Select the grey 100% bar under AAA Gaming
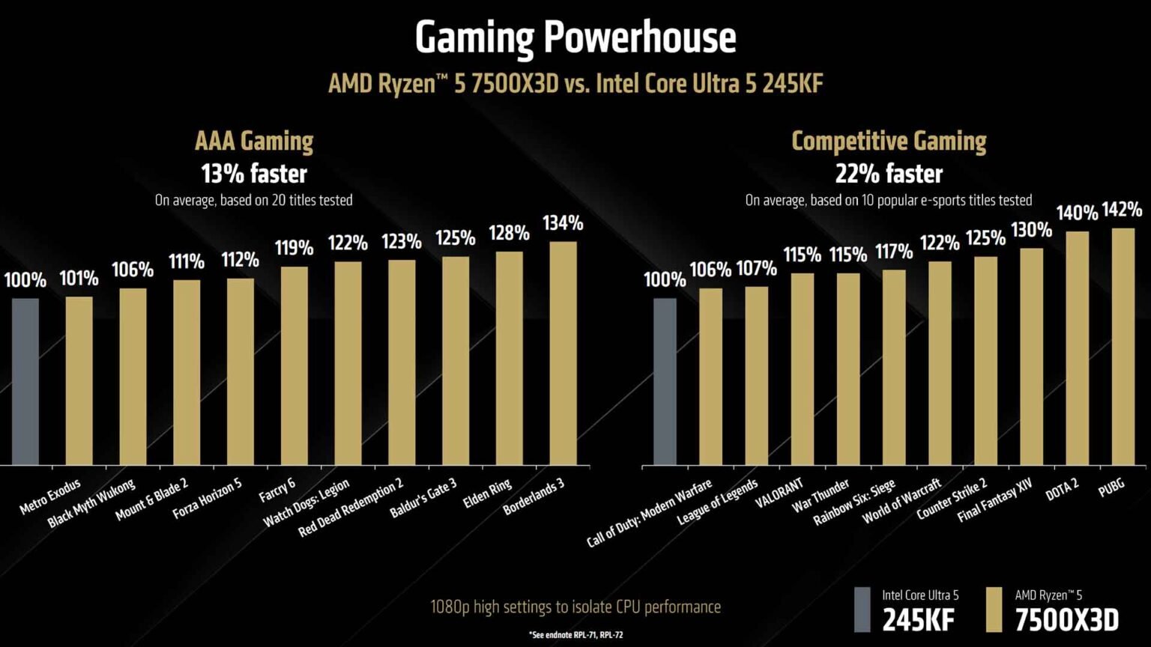point(25,382)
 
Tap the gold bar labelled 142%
point(1123,346)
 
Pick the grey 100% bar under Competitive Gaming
point(664,382)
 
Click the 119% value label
point(294,248)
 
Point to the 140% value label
point(1077,213)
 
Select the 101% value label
point(79,279)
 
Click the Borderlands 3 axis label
point(534,496)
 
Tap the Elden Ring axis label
point(487,494)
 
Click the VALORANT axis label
point(779,493)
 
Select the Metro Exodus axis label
point(49,497)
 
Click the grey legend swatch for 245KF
point(863,610)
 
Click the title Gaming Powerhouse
point(575,37)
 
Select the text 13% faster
point(254,174)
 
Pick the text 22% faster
point(889,174)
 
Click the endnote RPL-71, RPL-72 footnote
point(575,635)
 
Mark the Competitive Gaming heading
point(889,141)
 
